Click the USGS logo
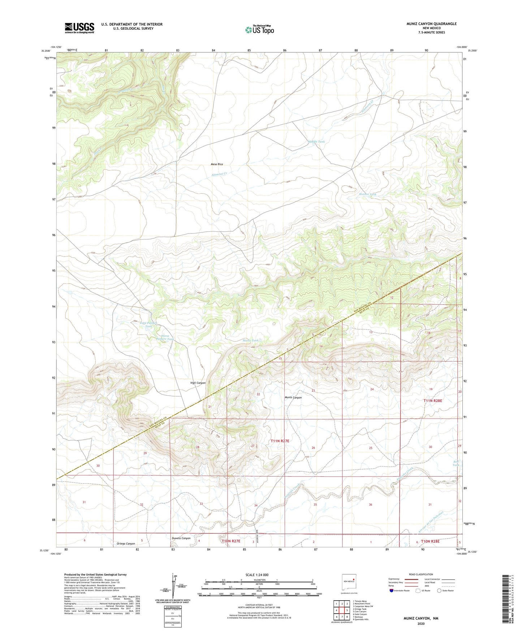coord(79,28)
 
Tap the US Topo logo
coord(259,30)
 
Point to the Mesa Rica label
coord(217,164)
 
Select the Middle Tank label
coord(316,142)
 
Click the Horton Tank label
coord(367,194)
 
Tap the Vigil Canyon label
coord(198,383)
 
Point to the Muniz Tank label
coord(250,340)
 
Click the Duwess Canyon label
coord(181,538)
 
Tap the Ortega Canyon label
coord(126,544)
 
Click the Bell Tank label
coord(456,463)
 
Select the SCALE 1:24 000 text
coord(256,575)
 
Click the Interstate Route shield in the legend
coord(392,591)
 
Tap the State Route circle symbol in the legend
coord(439,591)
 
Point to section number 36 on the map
coord(370,505)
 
